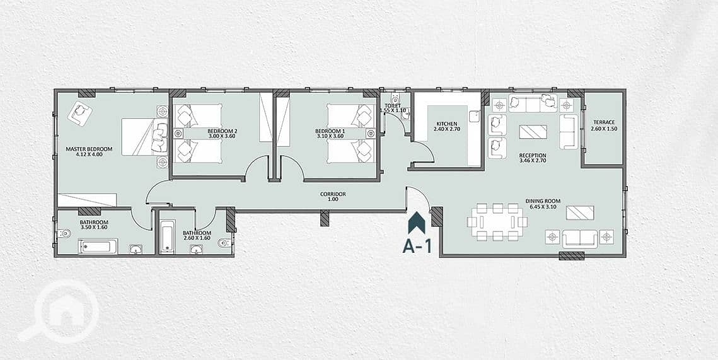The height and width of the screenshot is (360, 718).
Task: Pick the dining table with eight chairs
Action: pyautogui.click(x=497, y=222)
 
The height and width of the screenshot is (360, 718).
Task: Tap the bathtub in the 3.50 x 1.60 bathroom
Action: pyautogui.click(x=98, y=247)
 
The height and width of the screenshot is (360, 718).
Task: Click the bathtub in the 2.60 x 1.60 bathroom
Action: pyautogui.click(x=168, y=236)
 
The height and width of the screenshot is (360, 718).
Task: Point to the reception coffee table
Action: pyautogui.click(x=533, y=131)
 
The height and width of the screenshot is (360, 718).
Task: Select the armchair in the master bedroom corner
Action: pyautogui.click(x=79, y=113)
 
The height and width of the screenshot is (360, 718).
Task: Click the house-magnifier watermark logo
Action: pyautogui.click(x=58, y=311)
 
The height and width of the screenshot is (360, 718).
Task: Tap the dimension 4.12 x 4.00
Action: pyautogui.click(x=89, y=154)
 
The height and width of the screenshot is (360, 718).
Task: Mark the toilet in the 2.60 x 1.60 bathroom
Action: pyautogui.click(x=224, y=243)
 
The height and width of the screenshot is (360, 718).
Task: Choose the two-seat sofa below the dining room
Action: pyautogui.click(x=580, y=238)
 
